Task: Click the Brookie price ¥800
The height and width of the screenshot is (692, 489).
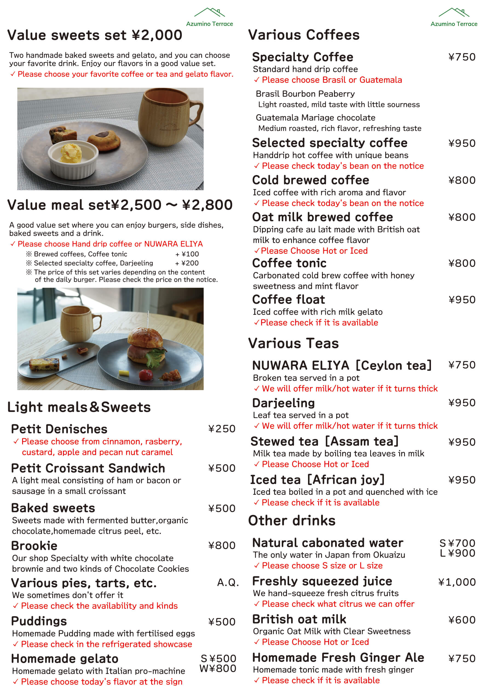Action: [222, 545]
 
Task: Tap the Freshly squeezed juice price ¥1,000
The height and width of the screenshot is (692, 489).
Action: [457, 582]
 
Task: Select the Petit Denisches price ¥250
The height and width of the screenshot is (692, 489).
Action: [222, 429]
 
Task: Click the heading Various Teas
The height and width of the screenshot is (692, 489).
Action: [294, 344]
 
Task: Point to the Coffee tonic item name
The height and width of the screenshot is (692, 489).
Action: [289, 263]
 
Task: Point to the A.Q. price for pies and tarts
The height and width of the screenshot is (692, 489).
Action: [228, 583]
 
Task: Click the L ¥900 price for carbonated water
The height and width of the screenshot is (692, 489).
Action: [457, 553]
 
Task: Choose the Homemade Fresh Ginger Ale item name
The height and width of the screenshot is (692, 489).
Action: [338, 658]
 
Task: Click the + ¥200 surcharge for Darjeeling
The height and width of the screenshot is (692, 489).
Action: [187, 263]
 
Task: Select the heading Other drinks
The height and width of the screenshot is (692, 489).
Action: [292, 521]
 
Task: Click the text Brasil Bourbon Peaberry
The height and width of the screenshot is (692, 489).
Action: [305, 94]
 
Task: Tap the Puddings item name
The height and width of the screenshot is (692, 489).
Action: [39, 621]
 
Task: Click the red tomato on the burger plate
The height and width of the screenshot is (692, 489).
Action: [147, 375]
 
